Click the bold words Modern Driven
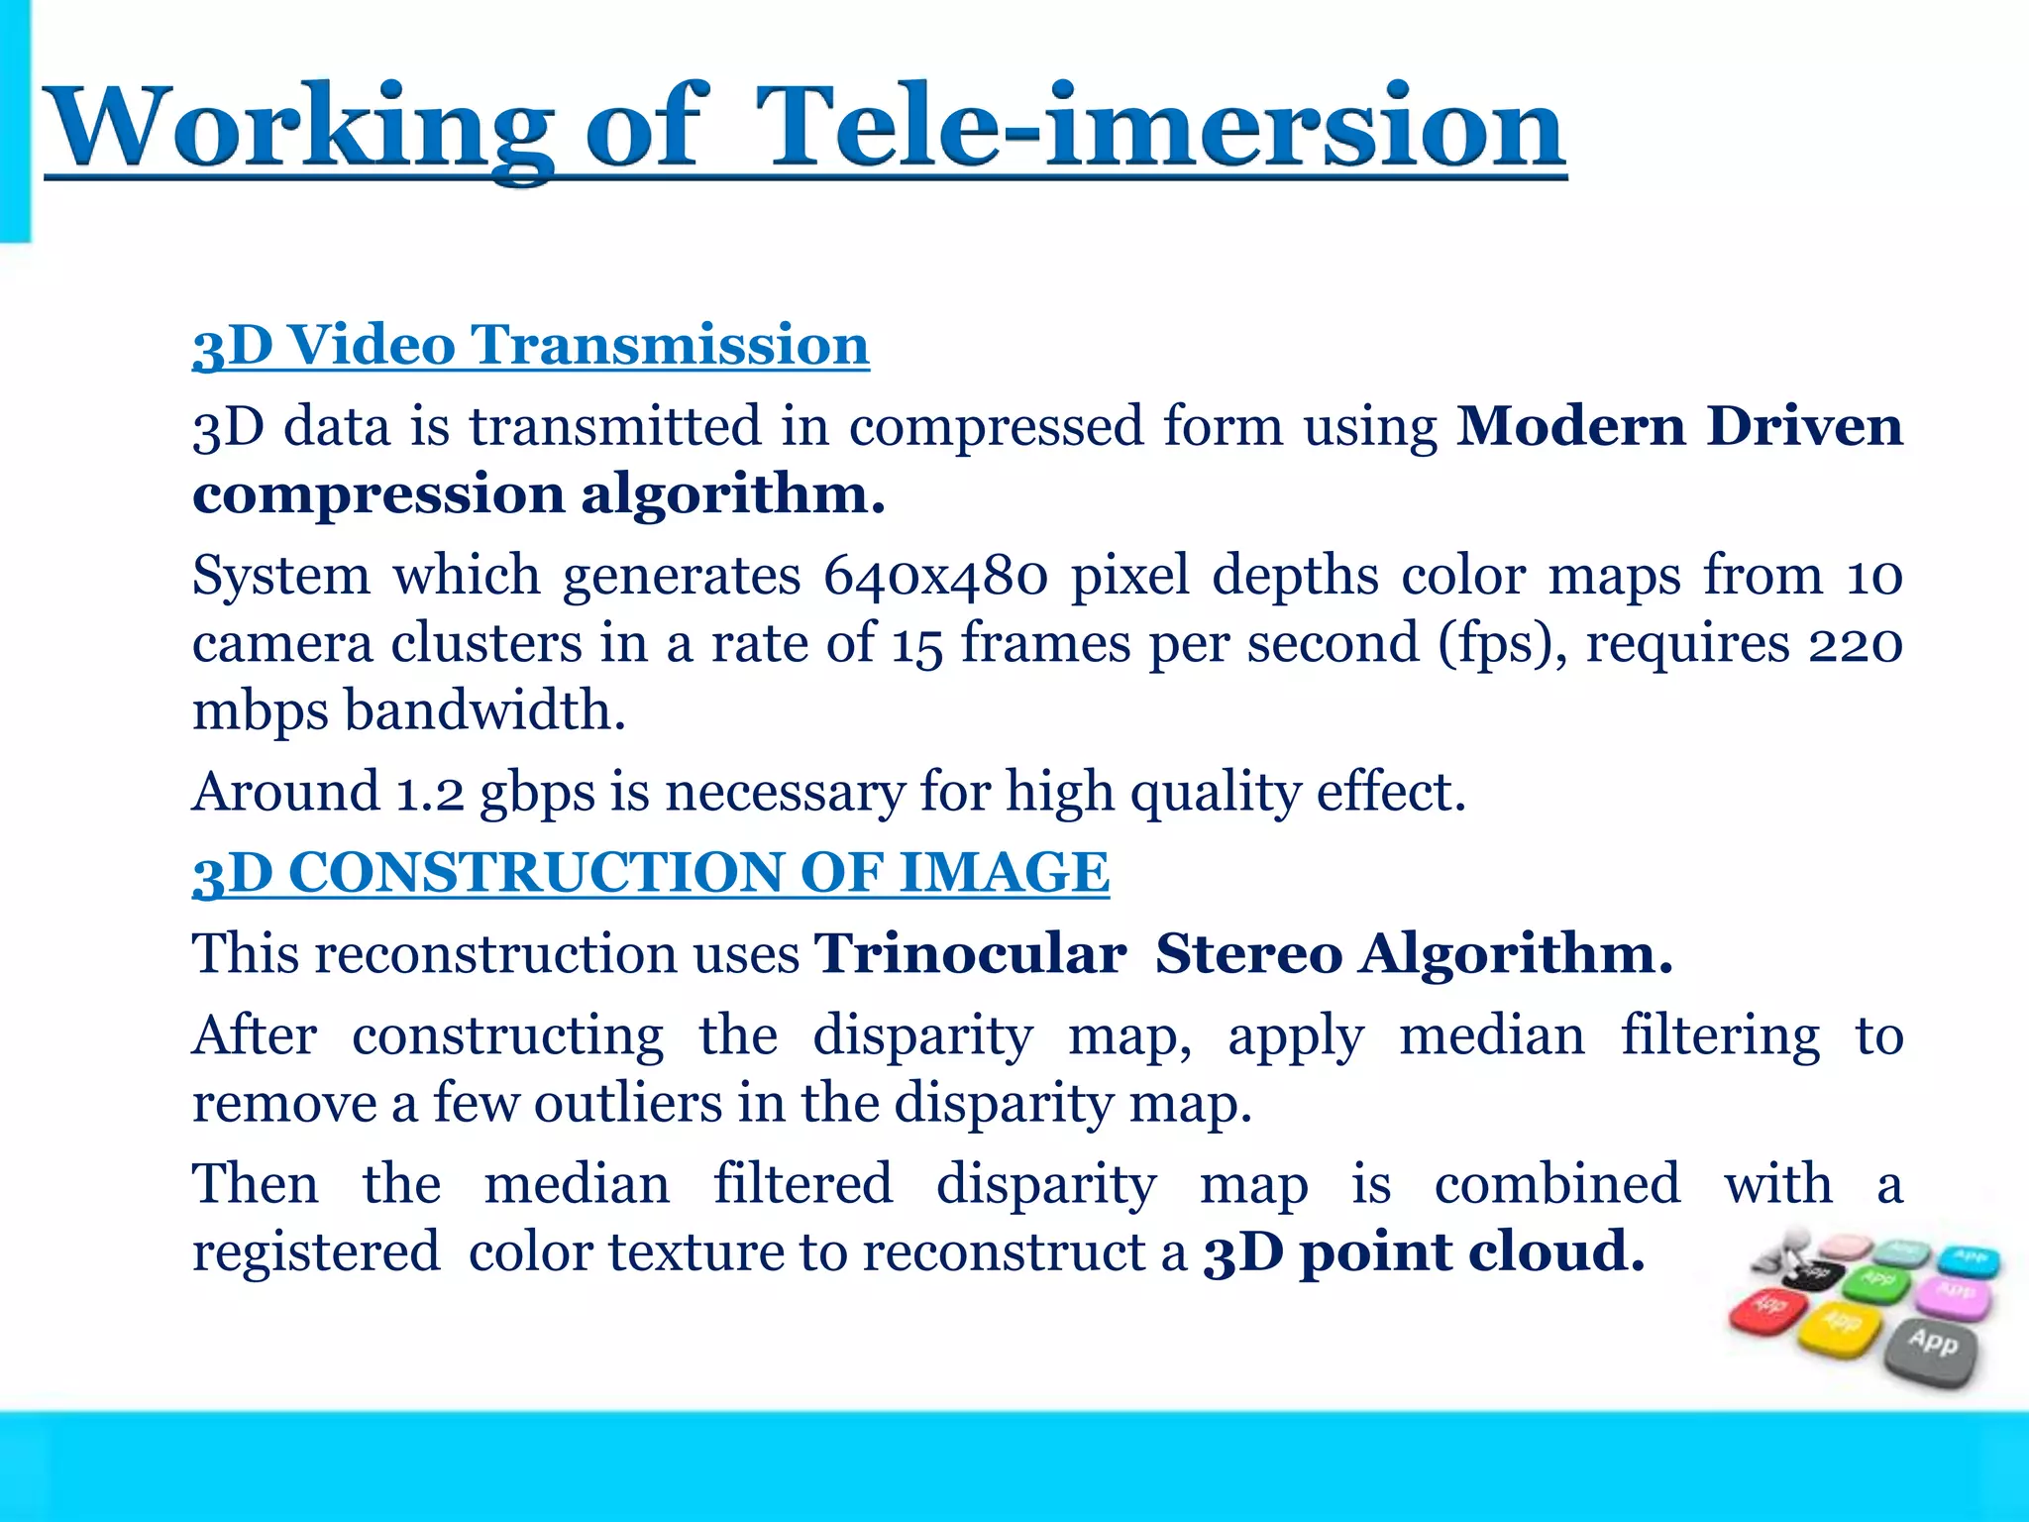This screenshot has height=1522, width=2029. pos(1678,426)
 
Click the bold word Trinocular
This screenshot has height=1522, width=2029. pos(970,953)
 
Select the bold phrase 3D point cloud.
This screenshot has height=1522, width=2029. pos(1424,1250)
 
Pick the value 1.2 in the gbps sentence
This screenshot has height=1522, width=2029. pos(429,792)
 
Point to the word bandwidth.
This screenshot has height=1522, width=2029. pos(484,710)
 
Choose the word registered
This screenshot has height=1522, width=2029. pos(316,1250)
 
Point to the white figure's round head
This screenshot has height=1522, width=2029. pos(1794,1240)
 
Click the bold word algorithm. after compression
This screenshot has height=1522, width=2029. pos(732,493)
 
